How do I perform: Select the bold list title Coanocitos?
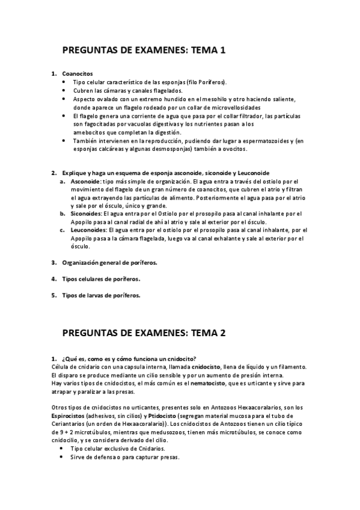78,73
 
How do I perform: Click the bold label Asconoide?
85,180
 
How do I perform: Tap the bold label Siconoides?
86,213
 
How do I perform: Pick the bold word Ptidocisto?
165,416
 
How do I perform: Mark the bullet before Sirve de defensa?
63,457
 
